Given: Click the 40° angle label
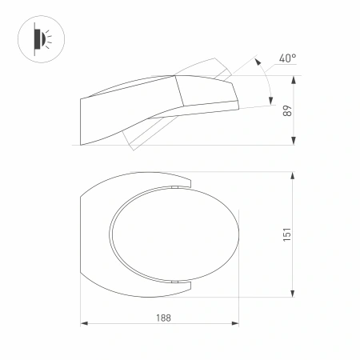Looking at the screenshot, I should click(x=288, y=58).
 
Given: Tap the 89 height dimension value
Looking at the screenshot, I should click(x=286, y=112).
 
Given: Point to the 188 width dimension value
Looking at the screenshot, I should click(x=164, y=317).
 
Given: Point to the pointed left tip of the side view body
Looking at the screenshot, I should click(x=82, y=99).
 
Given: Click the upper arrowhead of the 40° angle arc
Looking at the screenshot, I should click(x=257, y=59).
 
